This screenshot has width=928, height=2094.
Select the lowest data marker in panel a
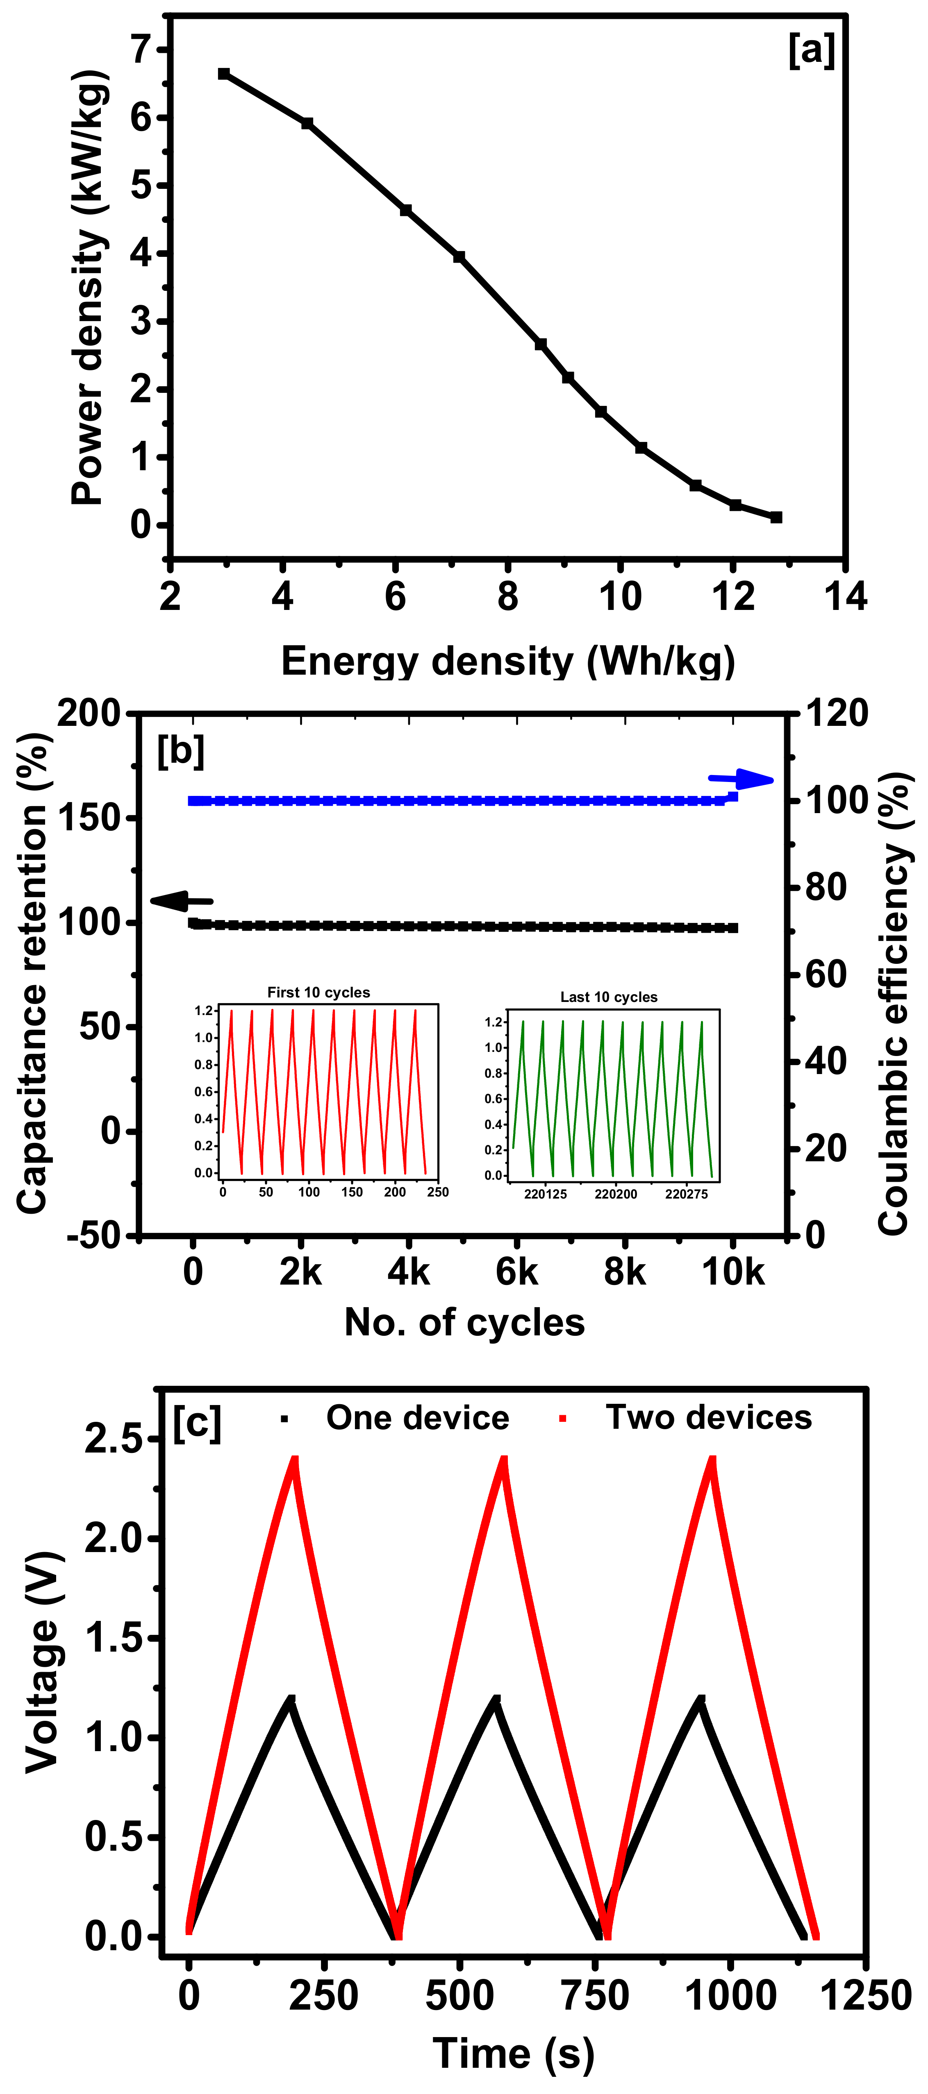[x=776, y=517]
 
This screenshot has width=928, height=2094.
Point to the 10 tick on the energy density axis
[x=620, y=597]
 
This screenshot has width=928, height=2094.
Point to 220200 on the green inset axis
[x=616, y=1194]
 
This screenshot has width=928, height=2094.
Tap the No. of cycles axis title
[x=464, y=1323]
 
